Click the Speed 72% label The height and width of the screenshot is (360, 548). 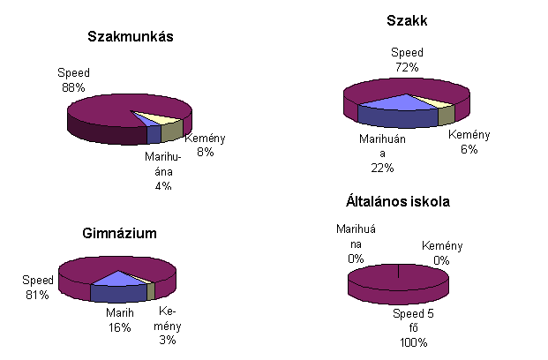coord(407,59)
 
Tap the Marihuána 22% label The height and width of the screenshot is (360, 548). coord(382,152)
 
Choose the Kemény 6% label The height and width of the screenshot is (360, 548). coord(469,142)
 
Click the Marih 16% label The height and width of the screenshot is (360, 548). coord(120,319)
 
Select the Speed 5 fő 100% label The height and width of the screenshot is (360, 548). coord(411,326)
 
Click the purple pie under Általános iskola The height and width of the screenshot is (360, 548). coord(398,282)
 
